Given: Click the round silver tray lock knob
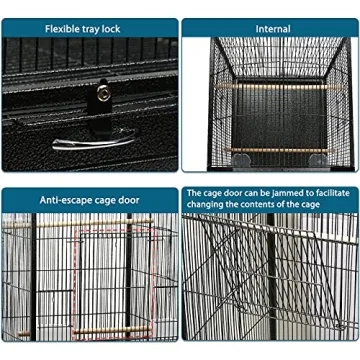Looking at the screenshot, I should [x=102, y=93].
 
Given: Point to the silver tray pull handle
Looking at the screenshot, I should [x=90, y=142].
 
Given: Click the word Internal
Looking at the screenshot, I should [x=272, y=29].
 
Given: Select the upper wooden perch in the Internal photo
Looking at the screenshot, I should [x=272, y=87].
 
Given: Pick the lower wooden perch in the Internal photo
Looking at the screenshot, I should [x=272, y=150].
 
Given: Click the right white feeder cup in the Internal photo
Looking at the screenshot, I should [x=317, y=159].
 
